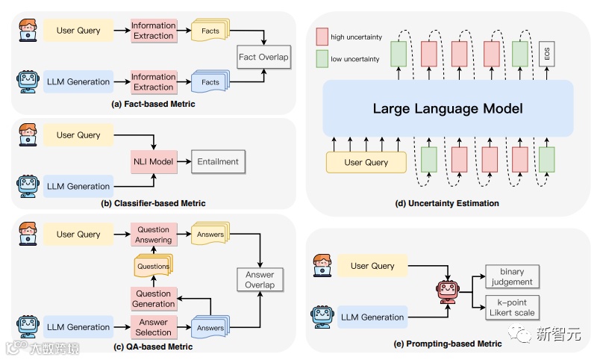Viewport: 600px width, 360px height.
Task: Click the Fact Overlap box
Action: [263, 57]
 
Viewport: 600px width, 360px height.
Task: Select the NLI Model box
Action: [153, 161]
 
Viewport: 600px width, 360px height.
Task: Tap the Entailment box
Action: [217, 161]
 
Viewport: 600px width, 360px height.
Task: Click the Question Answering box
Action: [153, 235]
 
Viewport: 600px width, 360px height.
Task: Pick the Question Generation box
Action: [153, 298]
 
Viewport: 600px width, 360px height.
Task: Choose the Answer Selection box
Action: [153, 327]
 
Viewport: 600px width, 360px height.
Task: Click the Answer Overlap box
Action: [260, 279]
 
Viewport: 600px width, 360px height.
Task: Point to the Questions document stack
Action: [153, 266]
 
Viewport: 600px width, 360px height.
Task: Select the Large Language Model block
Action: [447, 109]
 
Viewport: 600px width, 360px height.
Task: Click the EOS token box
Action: [547, 54]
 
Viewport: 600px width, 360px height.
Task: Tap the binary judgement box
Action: [512, 277]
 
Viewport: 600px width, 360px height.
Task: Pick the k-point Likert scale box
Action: [512, 308]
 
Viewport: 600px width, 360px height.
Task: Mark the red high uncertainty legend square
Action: [322, 36]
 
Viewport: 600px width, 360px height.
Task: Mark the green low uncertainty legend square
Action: [322, 58]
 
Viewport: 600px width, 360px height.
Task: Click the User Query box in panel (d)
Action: [366, 162]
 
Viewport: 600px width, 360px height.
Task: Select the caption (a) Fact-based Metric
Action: [153, 104]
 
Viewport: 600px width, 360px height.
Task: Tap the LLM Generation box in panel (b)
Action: [78, 187]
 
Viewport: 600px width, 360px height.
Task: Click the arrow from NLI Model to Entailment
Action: [183, 161]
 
